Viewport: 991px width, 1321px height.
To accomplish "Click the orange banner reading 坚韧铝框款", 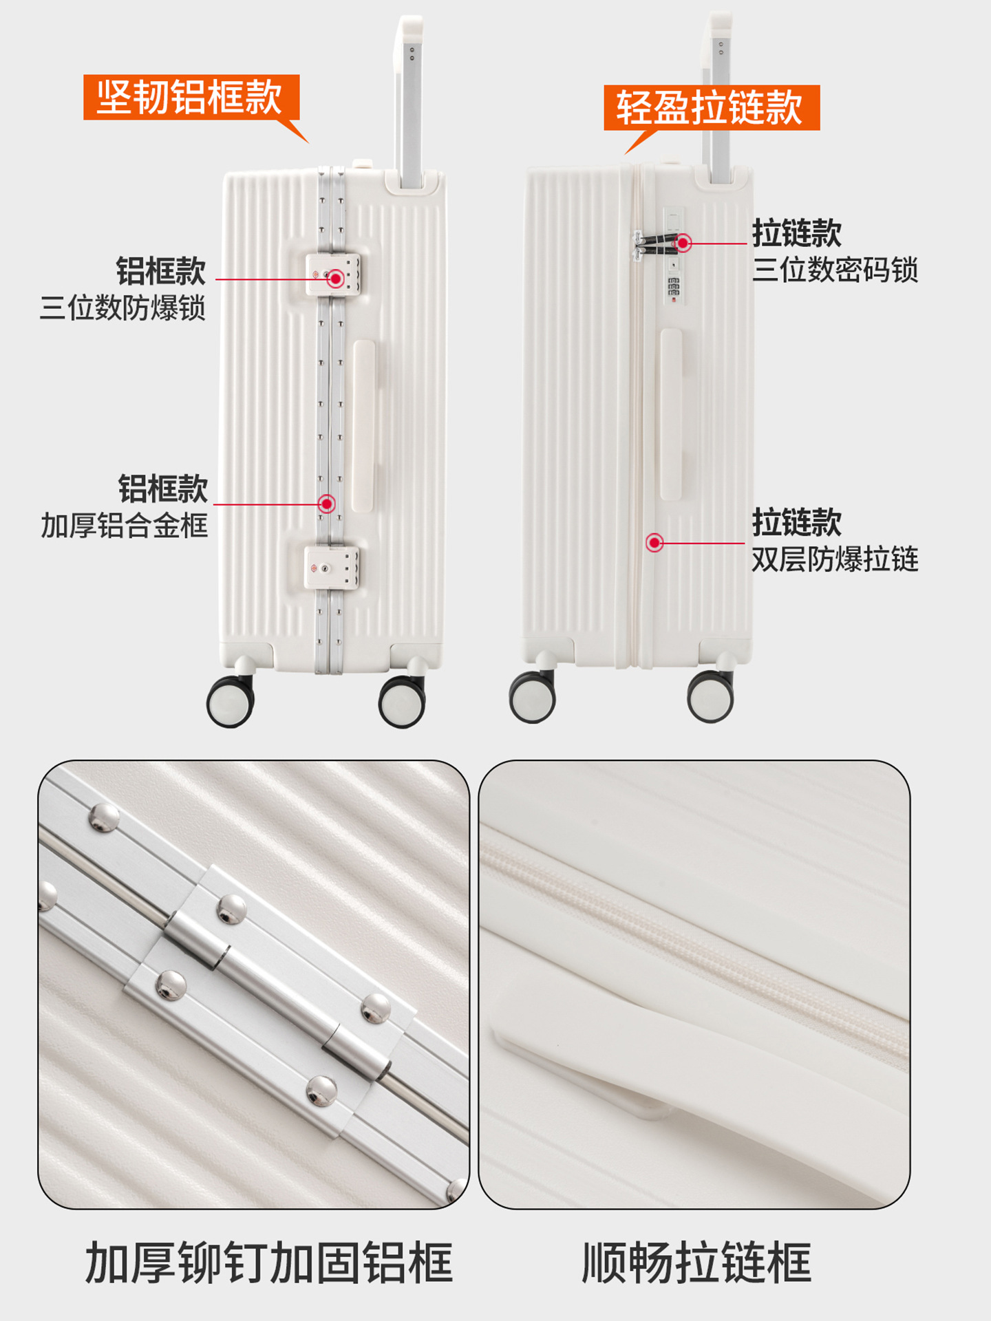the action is [191, 97].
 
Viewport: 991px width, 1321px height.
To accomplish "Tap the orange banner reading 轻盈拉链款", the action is [712, 107].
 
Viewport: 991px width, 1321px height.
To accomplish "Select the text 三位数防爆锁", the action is [122, 308].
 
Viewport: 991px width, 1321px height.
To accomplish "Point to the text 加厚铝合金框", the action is [124, 526].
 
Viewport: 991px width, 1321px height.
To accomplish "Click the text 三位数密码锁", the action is [835, 270].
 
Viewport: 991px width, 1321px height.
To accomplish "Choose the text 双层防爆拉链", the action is [835, 559].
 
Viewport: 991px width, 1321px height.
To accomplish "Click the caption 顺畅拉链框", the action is [696, 1263].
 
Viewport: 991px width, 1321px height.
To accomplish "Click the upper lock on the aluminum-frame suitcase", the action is [333, 275].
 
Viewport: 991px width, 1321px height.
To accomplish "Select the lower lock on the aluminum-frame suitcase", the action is [332, 568].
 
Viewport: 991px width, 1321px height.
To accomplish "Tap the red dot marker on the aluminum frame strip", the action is [327, 504].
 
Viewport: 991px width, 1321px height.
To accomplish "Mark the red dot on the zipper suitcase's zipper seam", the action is [654, 543].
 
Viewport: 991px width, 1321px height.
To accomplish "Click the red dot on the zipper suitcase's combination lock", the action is [683, 243].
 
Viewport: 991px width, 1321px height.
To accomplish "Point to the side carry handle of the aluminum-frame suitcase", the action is [363, 426].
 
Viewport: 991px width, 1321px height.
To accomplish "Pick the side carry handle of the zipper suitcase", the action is [671, 414].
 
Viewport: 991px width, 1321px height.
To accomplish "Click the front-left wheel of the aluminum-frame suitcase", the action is [231, 701].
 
